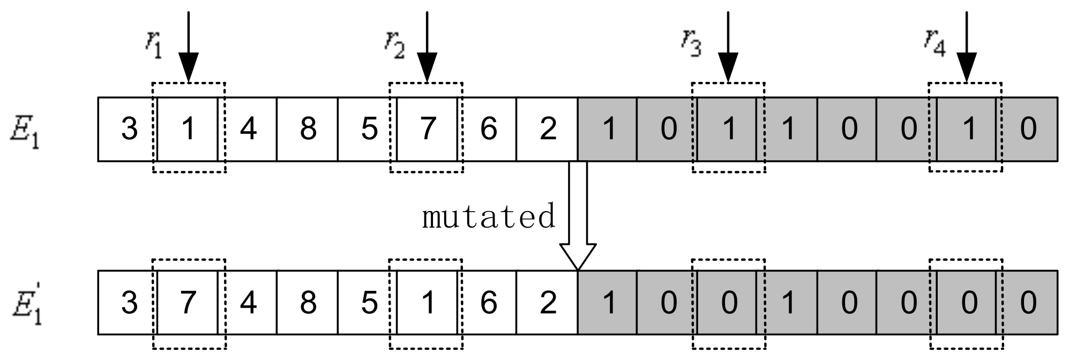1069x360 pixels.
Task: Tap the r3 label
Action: coord(691,43)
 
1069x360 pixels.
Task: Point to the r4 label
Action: coord(934,43)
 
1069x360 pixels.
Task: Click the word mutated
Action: coord(488,217)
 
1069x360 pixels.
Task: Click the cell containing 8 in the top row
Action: coord(308,129)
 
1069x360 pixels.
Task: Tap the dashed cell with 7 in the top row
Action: coord(427,129)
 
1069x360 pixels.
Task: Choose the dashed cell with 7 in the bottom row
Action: coord(188,303)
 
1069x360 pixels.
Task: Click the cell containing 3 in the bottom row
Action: coord(128,303)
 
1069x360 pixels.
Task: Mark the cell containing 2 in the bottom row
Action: coord(547,303)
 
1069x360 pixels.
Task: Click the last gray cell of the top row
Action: coord(1028,129)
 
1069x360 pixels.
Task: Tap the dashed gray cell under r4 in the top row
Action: coord(967,129)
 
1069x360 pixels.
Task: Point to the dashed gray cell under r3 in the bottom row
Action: coord(728,303)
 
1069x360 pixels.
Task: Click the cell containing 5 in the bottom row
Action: coord(368,303)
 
